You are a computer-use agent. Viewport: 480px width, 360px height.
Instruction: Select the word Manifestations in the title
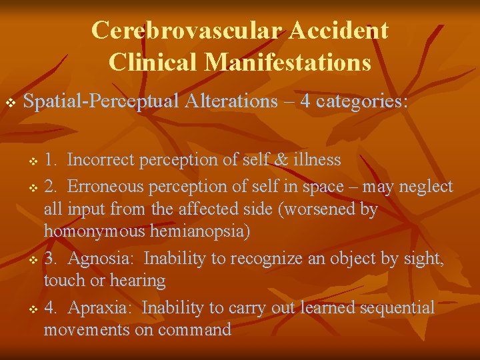coord(289,62)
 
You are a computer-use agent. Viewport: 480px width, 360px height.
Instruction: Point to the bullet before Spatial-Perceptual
coord(10,103)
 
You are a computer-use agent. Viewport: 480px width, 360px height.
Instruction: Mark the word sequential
coord(397,307)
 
